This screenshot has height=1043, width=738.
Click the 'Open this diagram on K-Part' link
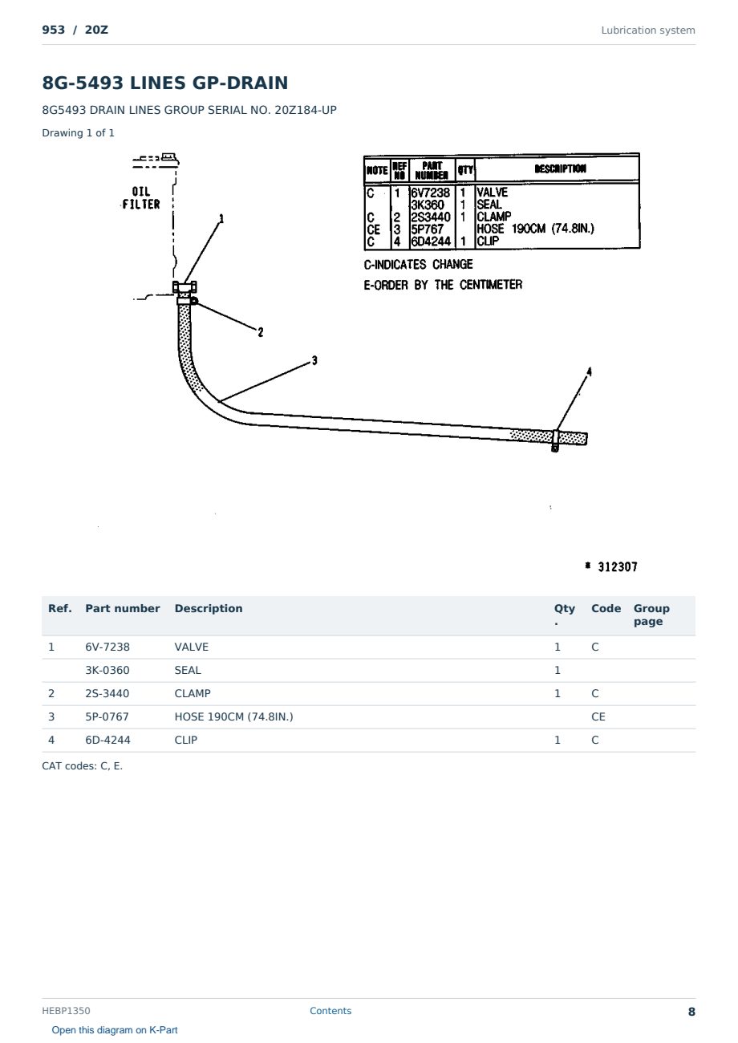click(x=115, y=1029)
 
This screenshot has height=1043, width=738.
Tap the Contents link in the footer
click(x=330, y=1010)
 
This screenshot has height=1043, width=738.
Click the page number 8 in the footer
click(x=691, y=1012)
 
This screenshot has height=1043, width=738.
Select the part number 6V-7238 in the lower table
click(x=107, y=647)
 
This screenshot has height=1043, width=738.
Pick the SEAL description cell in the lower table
click(x=188, y=670)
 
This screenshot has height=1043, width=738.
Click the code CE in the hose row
click(x=598, y=716)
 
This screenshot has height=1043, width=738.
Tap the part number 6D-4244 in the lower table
click(x=107, y=740)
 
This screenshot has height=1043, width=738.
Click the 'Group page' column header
click(x=651, y=615)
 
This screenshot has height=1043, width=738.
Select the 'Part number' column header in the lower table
click(x=123, y=608)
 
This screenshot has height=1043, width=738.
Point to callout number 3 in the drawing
click(x=314, y=360)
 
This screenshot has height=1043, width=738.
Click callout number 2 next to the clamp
click(x=261, y=332)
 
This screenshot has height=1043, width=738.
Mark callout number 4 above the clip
click(x=589, y=371)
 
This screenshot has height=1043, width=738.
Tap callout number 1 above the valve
click(x=221, y=218)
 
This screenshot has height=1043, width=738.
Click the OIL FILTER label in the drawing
click(x=141, y=198)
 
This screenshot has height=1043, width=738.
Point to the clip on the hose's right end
click(x=555, y=440)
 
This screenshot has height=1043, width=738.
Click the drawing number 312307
click(x=618, y=566)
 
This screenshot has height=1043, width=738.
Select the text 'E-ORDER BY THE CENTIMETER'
click(x=443, y=285)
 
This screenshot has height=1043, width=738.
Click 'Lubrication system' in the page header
click(x=647, y=30)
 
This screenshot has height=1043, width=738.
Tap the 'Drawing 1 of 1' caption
click(x=78, y=132)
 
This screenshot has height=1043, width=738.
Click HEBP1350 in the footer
click(x=66, y=1010)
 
